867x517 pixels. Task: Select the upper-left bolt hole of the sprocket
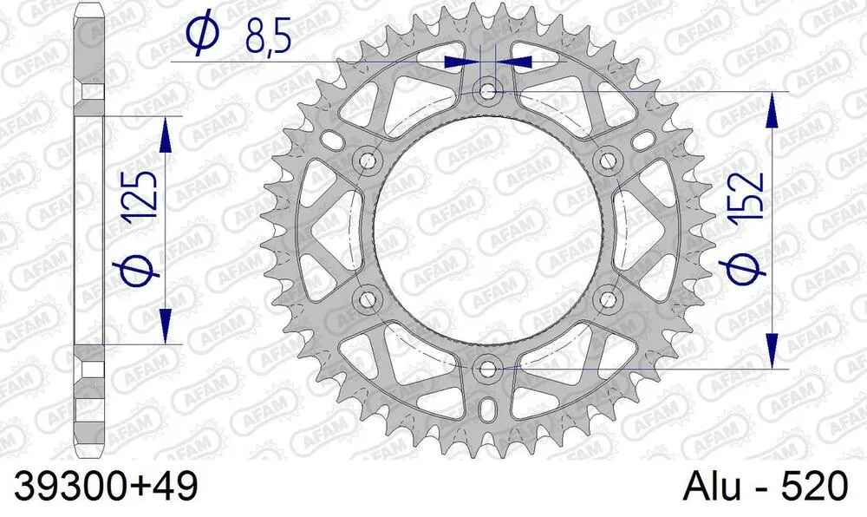[368, 160]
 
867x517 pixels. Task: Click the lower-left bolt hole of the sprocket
[368, 299]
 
